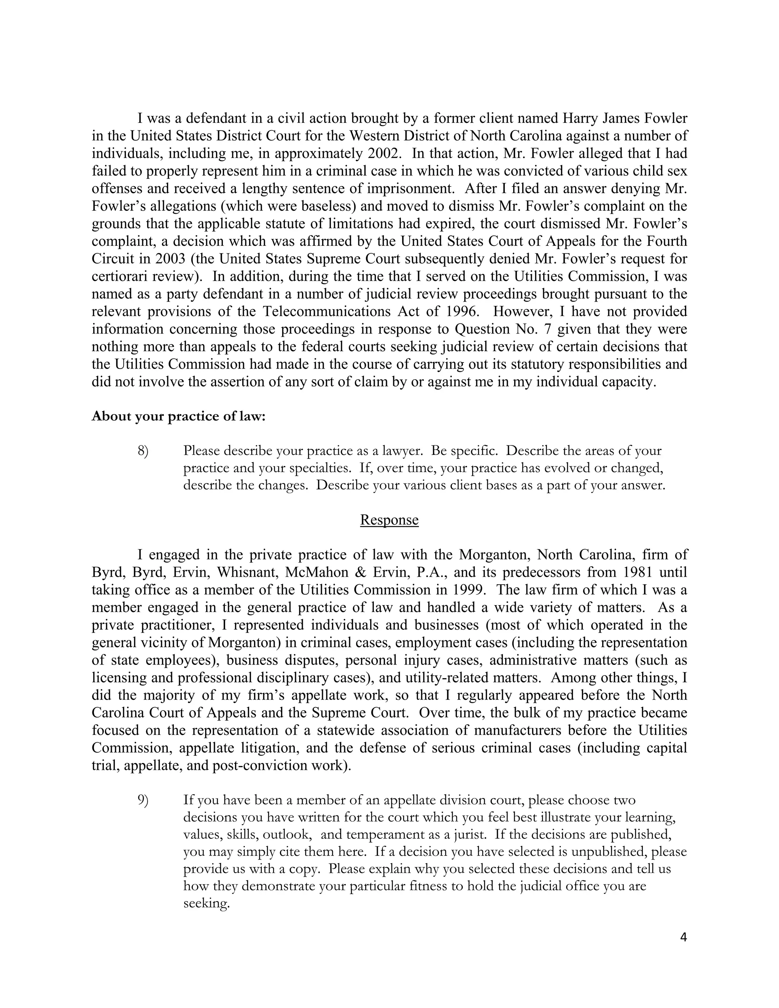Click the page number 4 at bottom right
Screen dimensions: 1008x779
[684, 937]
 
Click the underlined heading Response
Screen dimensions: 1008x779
[389, 520]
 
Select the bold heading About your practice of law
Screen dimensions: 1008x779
[179, 416]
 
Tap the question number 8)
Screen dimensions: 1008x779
[143, 450]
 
